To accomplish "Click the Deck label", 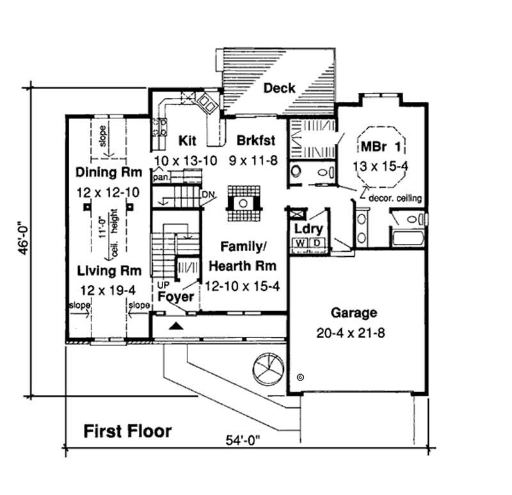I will pyautogui.click(x=280, y=88).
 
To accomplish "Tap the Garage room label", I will pyautogui.click(x=353, y=313).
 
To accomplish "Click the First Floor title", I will pyautogui.click(x=128, y=430).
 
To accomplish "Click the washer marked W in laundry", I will pyautogui.click(x=300, y=243).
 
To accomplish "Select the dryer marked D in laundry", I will pyautogui.click(x=316, y=243).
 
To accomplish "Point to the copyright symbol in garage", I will pyautogui.click(x=301, y=378).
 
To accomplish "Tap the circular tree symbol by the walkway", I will pyautogui.click(x=267, y=369).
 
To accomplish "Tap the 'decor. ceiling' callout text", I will pyautogui.click(x=396, y=199).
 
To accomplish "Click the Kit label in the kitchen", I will pyautogui.click(x=186, y=140).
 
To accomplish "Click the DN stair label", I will pyautogui.click(x=207, y=194).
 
